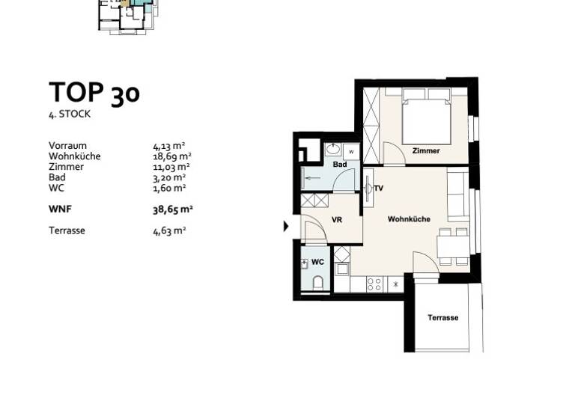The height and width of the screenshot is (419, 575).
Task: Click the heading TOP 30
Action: (x=94, y=94)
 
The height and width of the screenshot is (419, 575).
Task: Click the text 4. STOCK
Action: (x=70, y=114)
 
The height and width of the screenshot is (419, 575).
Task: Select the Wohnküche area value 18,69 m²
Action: (x=170, y=156)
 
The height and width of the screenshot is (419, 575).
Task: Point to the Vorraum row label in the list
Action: (x=67, y=146)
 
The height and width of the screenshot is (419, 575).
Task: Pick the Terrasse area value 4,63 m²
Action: (x=169, y=230)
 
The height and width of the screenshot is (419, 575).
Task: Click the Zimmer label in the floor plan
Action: (x=426, y=151)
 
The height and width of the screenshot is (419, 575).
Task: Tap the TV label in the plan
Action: (x=379, y=188)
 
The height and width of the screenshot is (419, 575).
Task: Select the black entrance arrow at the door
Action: (x=286, y=226)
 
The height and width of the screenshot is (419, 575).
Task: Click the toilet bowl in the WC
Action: (x=317, y=283)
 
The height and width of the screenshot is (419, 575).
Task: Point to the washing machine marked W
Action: (x=352, y=151)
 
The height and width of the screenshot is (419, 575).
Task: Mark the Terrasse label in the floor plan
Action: (x=442, y=318)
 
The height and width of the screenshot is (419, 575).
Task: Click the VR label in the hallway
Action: (x=337, y=220)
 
